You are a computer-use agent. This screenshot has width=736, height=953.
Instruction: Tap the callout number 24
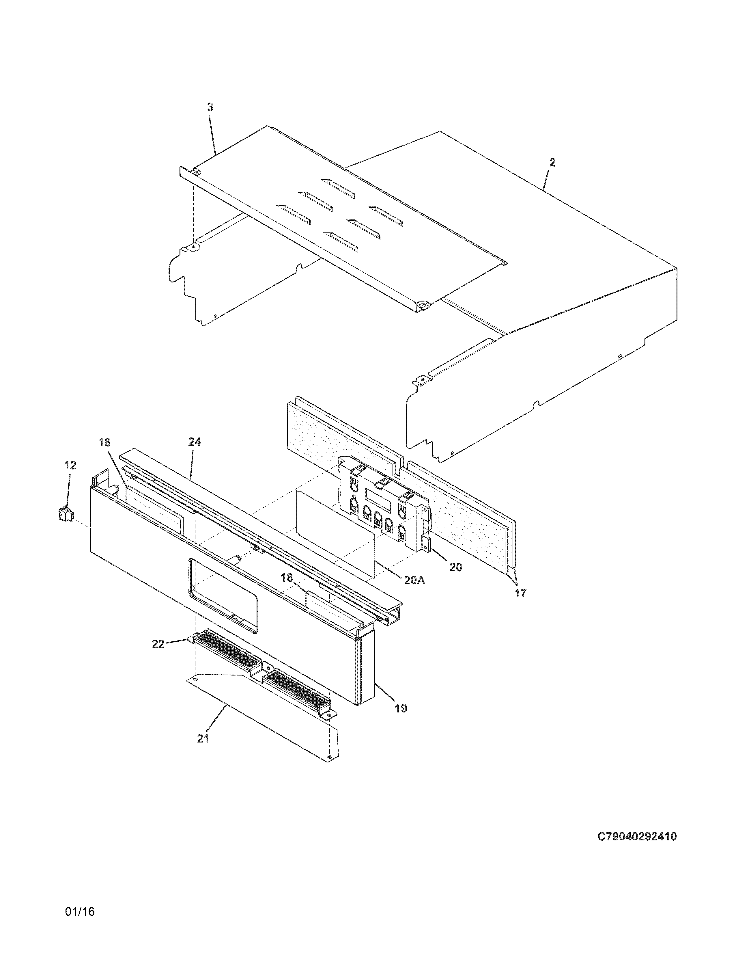tap(195, 442)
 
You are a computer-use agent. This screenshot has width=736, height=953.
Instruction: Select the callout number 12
tap(70, 466)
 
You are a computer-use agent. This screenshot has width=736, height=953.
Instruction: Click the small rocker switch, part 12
tap(65, 513)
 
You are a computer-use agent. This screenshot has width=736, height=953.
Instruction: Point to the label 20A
tap(414, 581)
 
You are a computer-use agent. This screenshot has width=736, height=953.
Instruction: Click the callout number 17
tap(520, 593)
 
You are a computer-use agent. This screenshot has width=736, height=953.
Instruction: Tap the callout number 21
tap(203, 738)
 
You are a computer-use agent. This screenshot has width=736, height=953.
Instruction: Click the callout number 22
tap(158, 644)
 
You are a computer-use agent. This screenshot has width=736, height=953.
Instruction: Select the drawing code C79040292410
tap(637, 837)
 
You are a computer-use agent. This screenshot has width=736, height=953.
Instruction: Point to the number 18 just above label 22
tap(287, 578)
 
